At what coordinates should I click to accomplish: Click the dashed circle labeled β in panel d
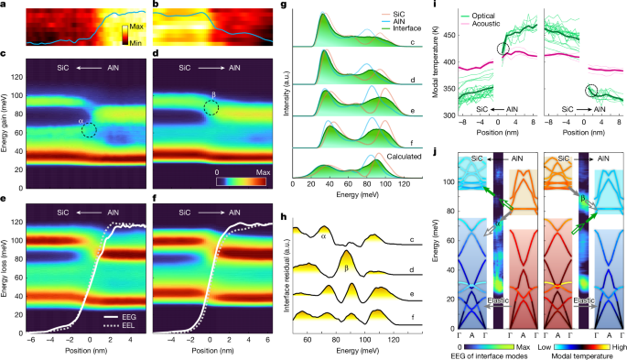(x=212, y=108)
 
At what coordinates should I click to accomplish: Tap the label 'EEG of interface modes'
(x=505, y=353)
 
